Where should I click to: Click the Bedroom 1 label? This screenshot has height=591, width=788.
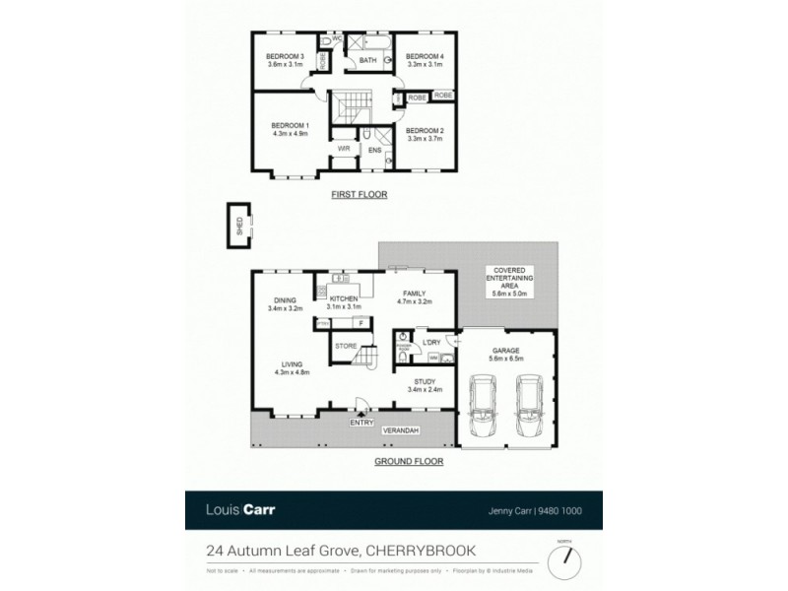click(x=291, y=125)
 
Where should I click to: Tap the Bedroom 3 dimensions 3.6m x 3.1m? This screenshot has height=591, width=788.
click(x=284, y=65)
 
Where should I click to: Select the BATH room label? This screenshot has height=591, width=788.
click(x=367, y=61)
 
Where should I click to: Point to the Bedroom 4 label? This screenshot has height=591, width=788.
click(x=425, y=57)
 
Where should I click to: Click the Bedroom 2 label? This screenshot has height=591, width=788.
click(x=425, y=131)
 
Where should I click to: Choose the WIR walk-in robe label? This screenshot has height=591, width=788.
click(x=344, y=149)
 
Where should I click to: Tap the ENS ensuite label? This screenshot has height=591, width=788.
click(x=374, y=150)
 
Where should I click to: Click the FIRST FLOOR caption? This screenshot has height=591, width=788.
click(x=359, y=195)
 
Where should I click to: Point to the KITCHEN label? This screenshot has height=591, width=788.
click(x=344, y=297)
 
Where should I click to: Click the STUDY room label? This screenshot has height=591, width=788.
click(x=425, y=381)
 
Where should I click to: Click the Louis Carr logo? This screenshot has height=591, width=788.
click(x=241, y=509)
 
